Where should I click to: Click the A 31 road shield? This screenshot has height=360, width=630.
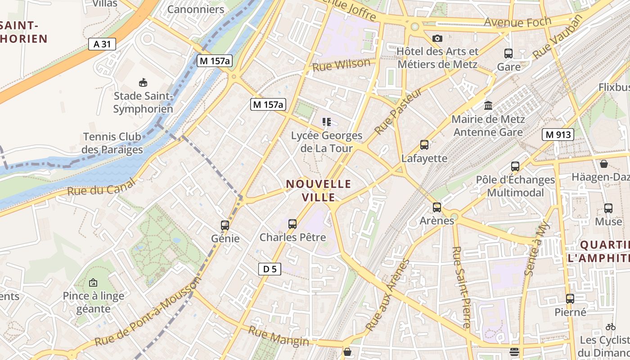point(102,44)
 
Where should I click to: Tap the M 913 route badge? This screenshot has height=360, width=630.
point(558,134)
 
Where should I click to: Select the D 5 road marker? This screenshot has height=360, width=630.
point(270,269)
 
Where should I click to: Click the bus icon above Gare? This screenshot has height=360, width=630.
point(508,54)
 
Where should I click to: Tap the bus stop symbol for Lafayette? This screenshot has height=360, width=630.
point(424,145)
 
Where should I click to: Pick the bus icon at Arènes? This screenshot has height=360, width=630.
point(437,207)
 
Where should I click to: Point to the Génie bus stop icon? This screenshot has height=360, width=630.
point(225,225)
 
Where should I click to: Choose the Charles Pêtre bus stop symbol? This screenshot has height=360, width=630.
point(292,224)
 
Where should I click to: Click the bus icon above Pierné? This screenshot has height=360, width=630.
point(570,298)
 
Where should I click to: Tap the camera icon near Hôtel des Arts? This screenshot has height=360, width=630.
point(437,39)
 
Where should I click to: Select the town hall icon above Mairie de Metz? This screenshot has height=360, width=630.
point(488,106)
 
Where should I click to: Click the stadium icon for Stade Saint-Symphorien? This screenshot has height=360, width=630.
point(143,83)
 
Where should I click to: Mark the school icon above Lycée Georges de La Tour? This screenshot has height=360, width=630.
point(327,122)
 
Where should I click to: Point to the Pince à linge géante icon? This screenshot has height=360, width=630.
point(93,283)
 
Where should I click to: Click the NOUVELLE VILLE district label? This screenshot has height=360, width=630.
point(319,190)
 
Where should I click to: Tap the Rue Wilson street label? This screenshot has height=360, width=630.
point(342,65)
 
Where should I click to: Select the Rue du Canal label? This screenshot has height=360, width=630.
point(101,187)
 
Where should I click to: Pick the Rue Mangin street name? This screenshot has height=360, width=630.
point(279,337)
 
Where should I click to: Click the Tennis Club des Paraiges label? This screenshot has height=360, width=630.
point(112,143)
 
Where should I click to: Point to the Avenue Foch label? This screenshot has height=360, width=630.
point(517,22)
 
